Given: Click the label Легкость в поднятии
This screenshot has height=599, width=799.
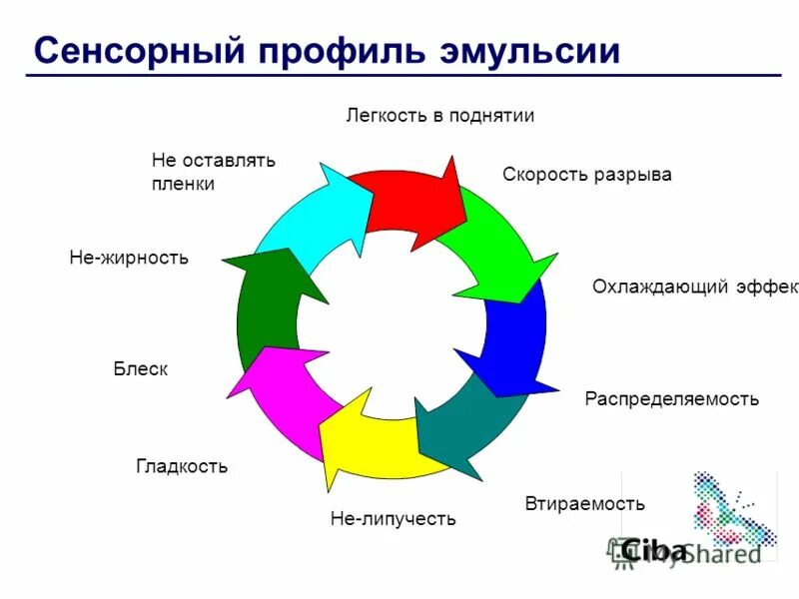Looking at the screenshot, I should click(440, 116).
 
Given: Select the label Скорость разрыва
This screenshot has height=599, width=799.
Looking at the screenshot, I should click(586, 175).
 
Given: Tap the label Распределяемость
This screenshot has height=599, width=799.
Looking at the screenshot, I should click(671, 399).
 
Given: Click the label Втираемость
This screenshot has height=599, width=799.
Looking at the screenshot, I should click(584, 503).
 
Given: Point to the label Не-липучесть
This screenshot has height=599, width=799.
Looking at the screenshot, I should click(393, 518).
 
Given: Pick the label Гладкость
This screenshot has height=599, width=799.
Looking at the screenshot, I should click(182, 466).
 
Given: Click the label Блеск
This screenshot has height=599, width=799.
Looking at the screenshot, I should click(140, 369).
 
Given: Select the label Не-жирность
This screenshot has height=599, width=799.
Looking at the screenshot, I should click(129, 258).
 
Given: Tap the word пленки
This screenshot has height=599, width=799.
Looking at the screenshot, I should click(183, 184).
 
